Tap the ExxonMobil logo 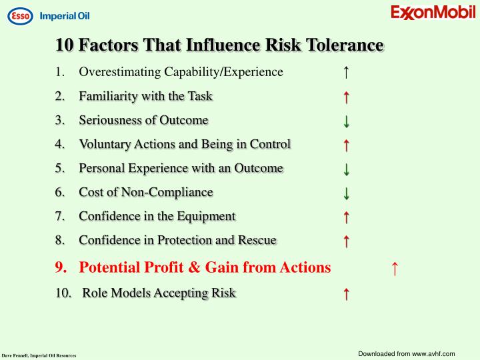432,13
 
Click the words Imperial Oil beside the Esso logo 65,16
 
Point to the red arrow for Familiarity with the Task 347,97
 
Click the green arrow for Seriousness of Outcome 347,121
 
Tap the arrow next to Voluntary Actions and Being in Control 347,145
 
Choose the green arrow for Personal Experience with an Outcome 347,169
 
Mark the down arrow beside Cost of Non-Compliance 347,193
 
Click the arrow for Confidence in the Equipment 347,217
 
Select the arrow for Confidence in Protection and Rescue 347,241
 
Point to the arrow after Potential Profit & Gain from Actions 395,268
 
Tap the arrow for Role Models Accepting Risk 347,293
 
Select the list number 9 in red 61,267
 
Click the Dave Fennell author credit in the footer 39,355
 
